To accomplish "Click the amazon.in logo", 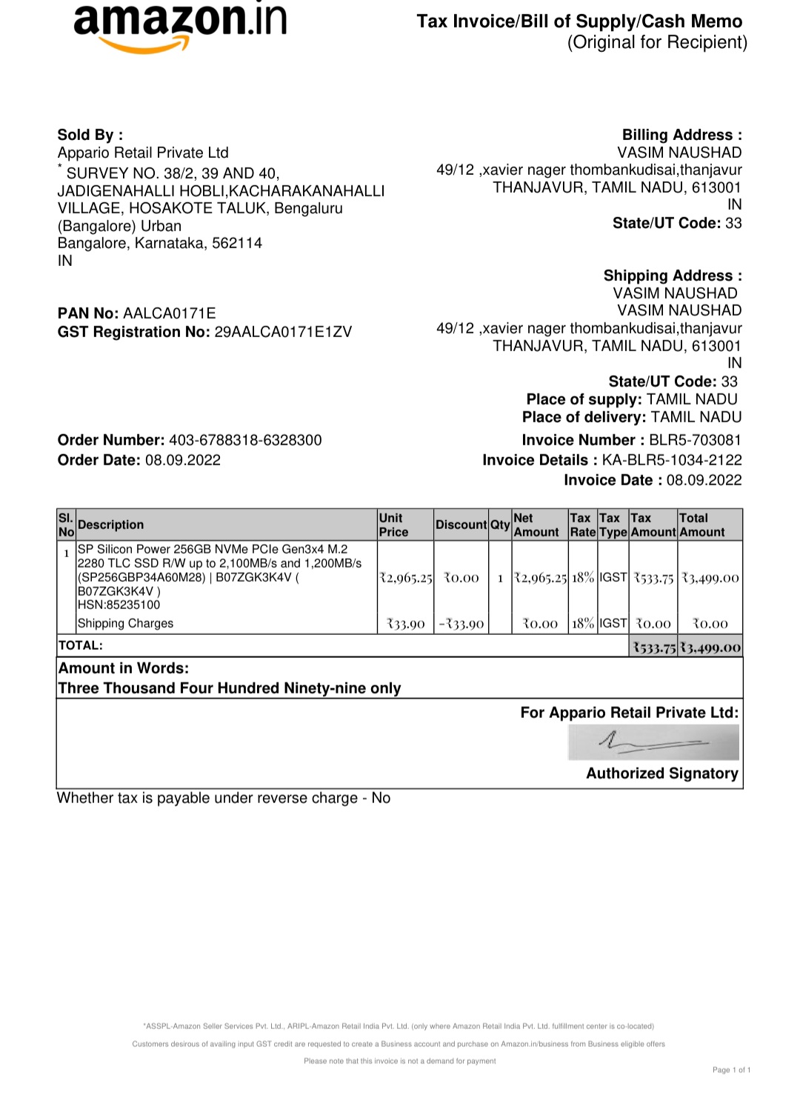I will tap(180, 26).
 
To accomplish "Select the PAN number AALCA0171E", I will tap(169, 313).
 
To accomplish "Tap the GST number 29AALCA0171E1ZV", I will tap(283, 332).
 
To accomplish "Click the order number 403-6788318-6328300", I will tap(245, 440).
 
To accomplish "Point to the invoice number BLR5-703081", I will tap(695, 440).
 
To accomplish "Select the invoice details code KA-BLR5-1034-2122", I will tap(671, 460).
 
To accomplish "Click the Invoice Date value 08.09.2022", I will tap(704, 480).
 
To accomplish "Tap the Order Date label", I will tap(99, 460).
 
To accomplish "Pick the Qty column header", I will tap(500, 525).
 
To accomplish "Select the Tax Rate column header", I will tap(582, 525).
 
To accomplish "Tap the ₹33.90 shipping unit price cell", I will tap(406, 624).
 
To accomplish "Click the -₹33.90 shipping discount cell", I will tap(461, 624).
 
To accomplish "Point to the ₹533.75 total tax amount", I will tap(653, 648).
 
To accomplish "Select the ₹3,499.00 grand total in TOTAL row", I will tap(710, 648).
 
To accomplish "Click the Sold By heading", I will tap(90, 135).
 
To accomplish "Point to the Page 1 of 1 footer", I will tap(731, 1070).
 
